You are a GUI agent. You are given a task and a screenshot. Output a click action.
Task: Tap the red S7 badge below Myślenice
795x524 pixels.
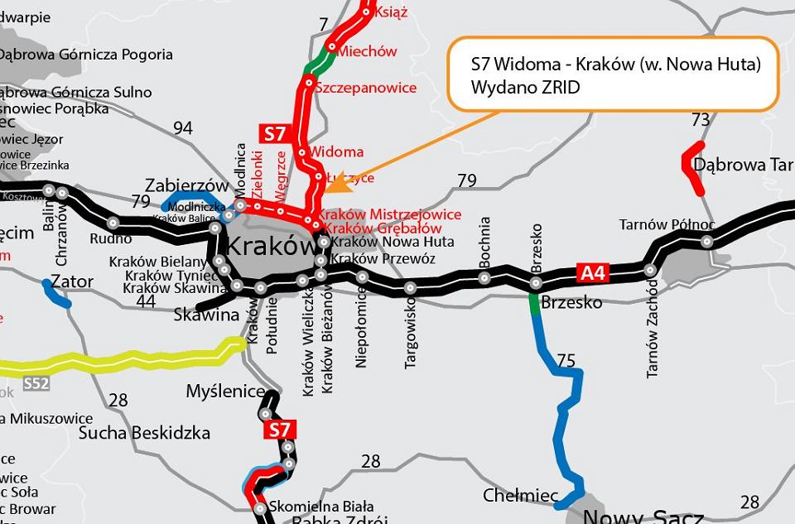pyautogui.click(x=280, y=430)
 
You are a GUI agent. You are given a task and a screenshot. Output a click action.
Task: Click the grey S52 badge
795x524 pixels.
pyautogui.click(x=36, y=383)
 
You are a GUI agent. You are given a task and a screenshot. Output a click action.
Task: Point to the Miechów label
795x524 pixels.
pyautogui.click(x=367, y=51)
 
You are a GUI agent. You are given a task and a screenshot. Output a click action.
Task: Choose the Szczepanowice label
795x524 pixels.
pyautogui.click(x=366, y=88)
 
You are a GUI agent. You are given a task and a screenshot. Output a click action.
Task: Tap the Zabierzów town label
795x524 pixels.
pyautogui.click(x=186, y=185)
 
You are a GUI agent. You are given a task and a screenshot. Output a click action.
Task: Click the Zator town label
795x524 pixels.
pyautogui.click(x=72, y=281)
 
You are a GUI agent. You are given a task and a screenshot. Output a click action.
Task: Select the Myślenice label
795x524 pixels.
pyautogui.click(x=225, y=391)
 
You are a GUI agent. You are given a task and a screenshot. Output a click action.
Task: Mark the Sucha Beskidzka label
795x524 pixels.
pyautogui.click(x=144, y=433)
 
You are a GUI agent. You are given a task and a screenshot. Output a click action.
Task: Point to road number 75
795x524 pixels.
pyautogui.click(x=566, y=360)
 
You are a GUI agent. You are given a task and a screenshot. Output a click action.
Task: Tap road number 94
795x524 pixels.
pyautogui.click(x=182, y=127)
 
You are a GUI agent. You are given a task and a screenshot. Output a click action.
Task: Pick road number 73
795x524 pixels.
pyautogui.click(x=701, y=120)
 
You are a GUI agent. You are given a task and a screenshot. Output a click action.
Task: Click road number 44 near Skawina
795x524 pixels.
pyautogui.click(x=146, y=301)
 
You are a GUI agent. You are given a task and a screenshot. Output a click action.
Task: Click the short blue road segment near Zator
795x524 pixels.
pyautogui.click(x=56, y=295)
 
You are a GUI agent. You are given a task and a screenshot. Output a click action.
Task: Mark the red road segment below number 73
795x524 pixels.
pyautogui.click(x=691, y=168)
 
